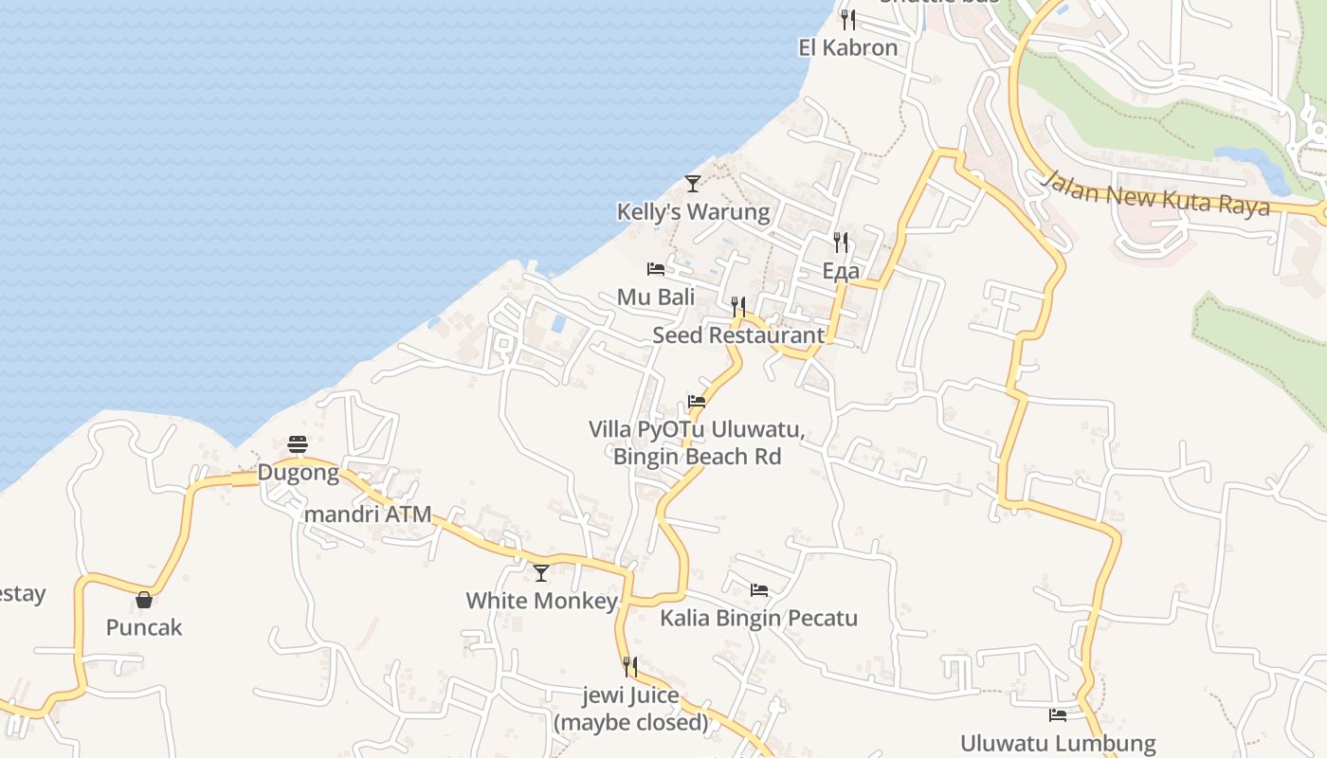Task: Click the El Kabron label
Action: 847,47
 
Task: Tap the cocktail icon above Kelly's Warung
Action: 693,183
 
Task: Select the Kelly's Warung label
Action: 693,211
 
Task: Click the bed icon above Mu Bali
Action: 655,269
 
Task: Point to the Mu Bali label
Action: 656,297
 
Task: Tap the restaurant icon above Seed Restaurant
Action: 738,306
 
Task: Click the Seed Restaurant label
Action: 738,334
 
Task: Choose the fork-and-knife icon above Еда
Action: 841,243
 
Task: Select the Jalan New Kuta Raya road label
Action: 1155,194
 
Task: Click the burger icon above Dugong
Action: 298,444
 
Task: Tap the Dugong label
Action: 299,472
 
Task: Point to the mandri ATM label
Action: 367,514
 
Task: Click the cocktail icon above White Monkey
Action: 541,572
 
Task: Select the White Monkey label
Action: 541,601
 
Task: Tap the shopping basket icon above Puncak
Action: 144,599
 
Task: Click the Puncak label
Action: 144,627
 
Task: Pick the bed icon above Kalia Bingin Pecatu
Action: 758,590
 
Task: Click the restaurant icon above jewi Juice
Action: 629,667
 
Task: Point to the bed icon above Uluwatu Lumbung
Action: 1058,715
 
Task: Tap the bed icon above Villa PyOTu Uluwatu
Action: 697,402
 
